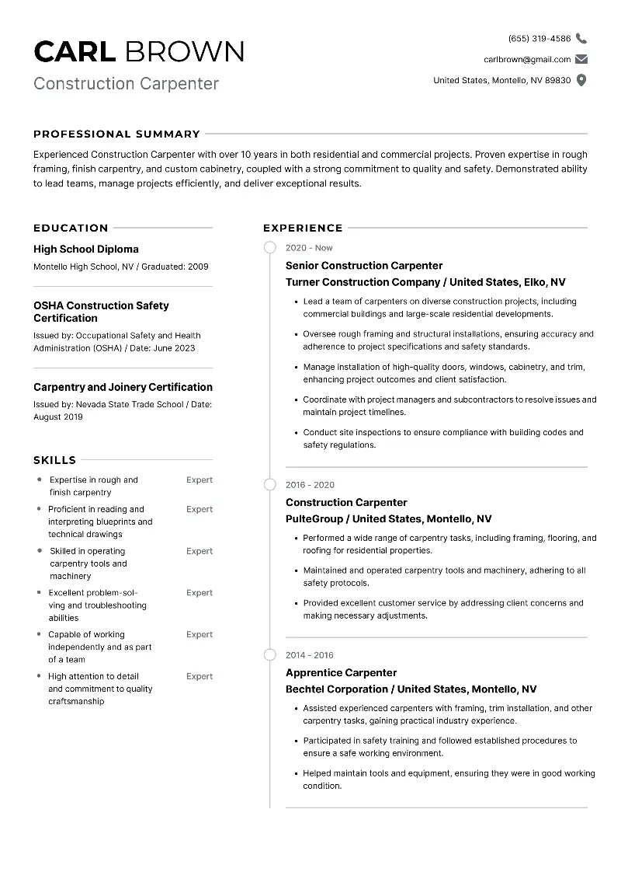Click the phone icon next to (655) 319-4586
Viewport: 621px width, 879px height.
tap(581, 38)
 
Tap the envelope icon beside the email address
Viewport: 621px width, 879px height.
tap(581, 59)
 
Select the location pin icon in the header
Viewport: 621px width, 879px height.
tap(581, 80)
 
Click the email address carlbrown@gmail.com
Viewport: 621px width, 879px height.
tap(527, 59)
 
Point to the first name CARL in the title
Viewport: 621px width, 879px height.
tap(75, 51)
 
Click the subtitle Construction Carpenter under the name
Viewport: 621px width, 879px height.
tap(126, 84)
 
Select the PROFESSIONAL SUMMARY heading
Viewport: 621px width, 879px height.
tap(116, 134)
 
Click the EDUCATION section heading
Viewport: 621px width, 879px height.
tap(71, 228)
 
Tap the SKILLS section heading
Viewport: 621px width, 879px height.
tap(54, 460)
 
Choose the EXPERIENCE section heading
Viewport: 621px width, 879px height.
tap(303, 228)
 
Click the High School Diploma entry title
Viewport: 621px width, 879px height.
tap(86, 249)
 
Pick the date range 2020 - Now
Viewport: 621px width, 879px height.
tap(309, 248)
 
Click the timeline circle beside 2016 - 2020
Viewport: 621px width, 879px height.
tap(269, 485)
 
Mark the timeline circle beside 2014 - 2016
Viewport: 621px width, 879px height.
tap(269, 655)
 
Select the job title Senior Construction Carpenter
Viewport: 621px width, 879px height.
tap(364, 266)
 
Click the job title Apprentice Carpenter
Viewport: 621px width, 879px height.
tap(341, 673)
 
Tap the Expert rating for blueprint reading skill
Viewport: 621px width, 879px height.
tap(199, 509)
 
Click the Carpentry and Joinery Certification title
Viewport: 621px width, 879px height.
tap(123, 387)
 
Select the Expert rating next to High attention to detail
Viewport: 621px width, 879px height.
tap(199, 676)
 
